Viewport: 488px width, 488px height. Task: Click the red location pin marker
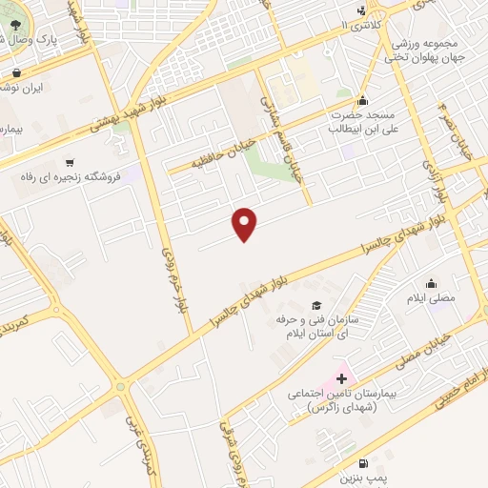[246, 224]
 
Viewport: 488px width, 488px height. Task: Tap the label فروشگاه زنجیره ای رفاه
[71, 177]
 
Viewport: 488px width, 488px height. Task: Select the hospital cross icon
[341, 379]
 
